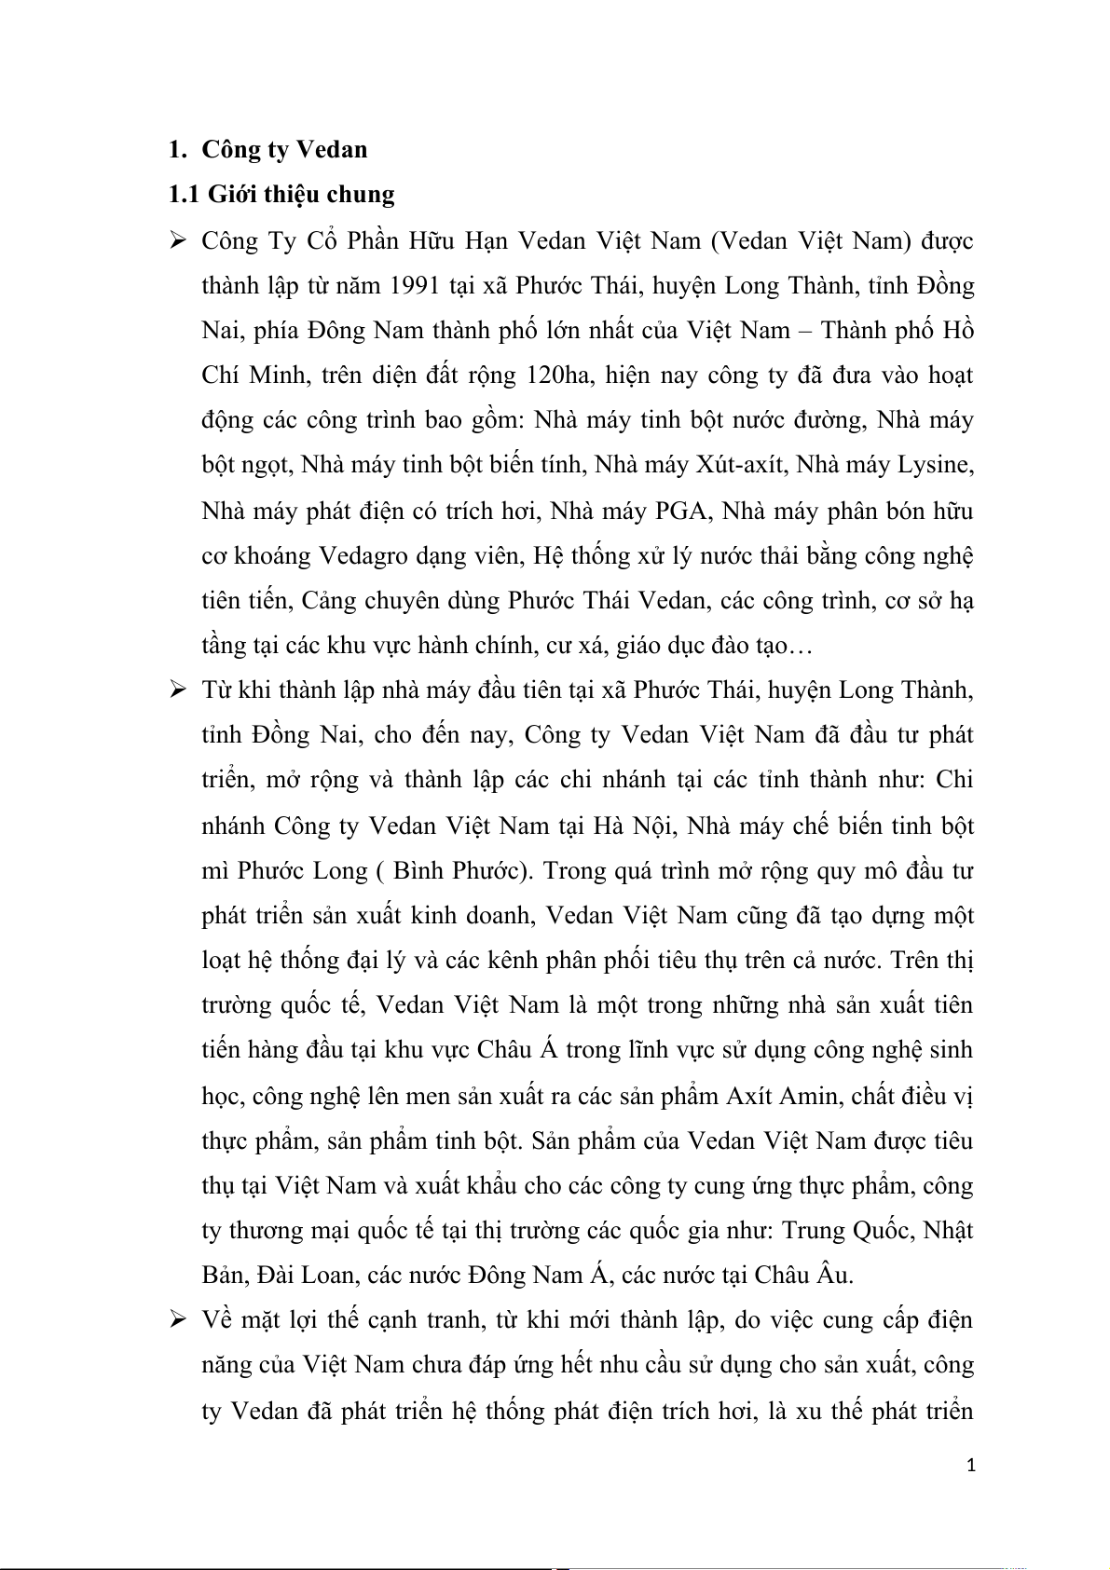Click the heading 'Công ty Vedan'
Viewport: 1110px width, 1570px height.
(284, 149)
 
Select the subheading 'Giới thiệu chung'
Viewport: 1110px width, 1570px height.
(301, 194)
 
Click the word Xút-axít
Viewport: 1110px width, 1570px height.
(736, 465)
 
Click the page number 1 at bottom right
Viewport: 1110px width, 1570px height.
(970, 1467)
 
